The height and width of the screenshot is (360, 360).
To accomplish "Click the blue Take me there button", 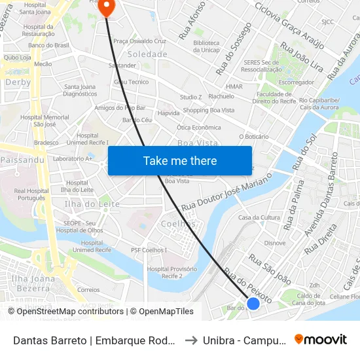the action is click(179, 160).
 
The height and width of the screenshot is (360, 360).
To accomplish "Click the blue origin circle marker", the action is click(253, 303).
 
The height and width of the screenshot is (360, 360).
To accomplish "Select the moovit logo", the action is click(320, 339).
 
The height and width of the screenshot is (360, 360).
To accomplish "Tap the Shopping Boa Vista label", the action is click(208, 110).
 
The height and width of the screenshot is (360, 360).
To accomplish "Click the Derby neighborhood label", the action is click(18, 82).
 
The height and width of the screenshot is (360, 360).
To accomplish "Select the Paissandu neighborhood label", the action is click(22, 159).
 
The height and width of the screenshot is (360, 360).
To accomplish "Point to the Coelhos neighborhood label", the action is click(179, 223).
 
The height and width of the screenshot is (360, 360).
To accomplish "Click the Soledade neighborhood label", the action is click(147, 54).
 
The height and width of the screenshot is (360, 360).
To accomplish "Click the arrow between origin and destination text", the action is click(190, 340).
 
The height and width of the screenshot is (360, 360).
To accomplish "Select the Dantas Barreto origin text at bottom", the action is click(94, 340).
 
